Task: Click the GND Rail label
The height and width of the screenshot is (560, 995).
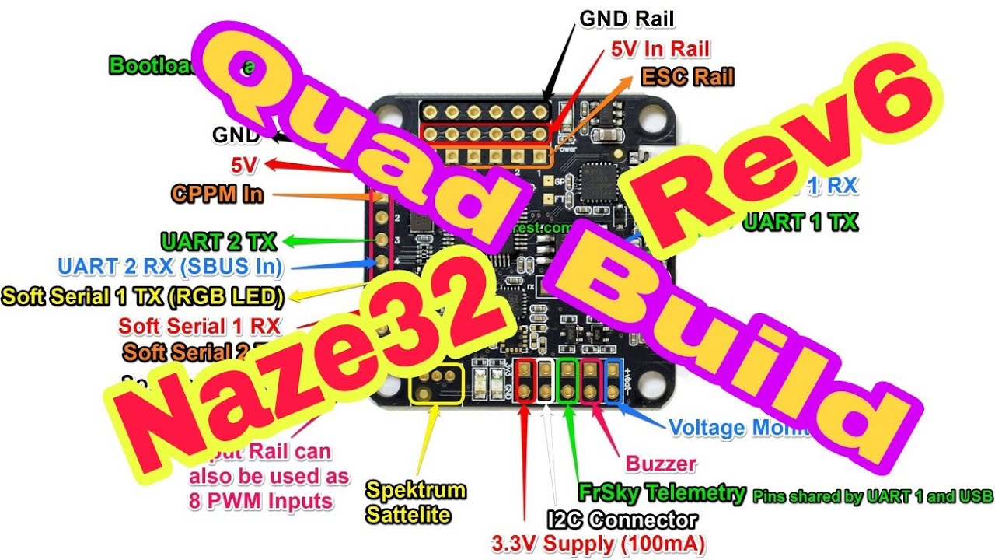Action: (627, 18)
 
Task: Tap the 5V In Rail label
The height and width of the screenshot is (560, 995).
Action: (660, 49)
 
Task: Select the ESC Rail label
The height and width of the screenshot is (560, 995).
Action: (687, 76)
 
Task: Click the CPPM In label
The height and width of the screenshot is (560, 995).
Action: (218, 194)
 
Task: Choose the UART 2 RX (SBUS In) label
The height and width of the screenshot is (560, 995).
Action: (169, 267)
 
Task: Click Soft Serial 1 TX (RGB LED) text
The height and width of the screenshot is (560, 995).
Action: (142, 296)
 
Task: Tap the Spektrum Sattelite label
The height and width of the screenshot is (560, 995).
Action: (416, 502)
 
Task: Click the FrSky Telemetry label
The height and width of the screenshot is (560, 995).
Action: (662, 492)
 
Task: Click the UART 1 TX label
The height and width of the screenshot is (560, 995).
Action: (800, 222)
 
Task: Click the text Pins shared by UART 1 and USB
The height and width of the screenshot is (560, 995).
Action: (873, 496)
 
